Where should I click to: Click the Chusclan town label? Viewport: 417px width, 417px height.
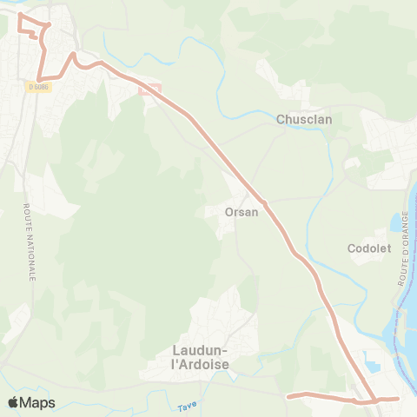click(x=301, y=120)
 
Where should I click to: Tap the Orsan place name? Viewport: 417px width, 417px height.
click(x=242, y=211)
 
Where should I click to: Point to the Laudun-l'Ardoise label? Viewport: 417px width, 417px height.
click(x=195, y=357)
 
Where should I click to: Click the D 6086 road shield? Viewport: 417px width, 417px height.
click(x=39, y=86)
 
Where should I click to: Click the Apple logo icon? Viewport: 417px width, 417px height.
click(x=13, y=402)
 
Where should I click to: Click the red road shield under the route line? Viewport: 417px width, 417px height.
click(x=149, y=88)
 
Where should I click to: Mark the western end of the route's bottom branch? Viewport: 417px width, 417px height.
click(x=289, y=395)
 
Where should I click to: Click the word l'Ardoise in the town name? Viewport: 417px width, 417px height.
click(x=200, y=365)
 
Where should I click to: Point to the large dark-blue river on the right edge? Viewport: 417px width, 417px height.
click(x=403, y=321)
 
